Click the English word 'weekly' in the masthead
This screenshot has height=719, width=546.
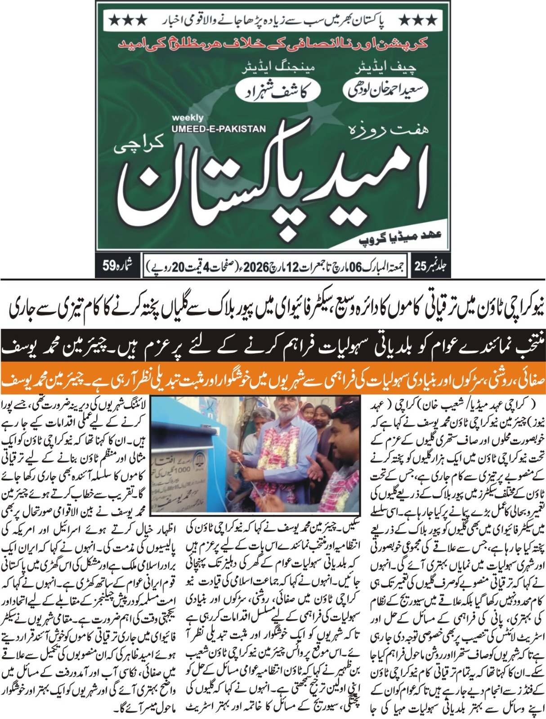pyautogui.click(x=187, y=118)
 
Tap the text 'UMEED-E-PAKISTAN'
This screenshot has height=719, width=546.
pyautogui.click(x=219, y=129)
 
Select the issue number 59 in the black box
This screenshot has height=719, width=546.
pyautogui.click(x=110, y=266)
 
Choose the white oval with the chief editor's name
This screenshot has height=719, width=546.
pyautogui.click(x=386, y=90)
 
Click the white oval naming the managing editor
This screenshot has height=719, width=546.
pyautogui.click(x=278, y=90)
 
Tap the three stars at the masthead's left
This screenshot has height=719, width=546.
pyautogui.click(x=129, y=20)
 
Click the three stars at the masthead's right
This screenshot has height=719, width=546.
pyautogui.click(x=418, y=20)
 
